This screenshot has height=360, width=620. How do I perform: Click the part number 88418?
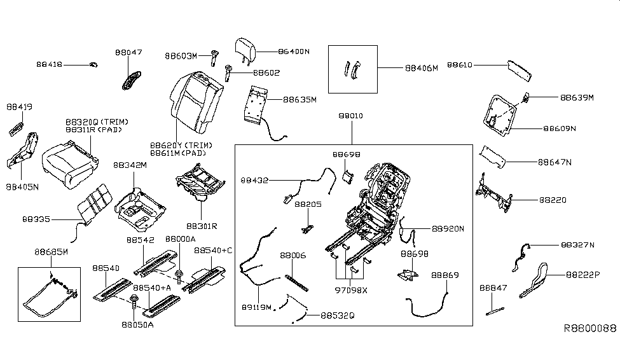tap(50, 64)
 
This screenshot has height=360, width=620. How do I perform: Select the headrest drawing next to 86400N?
tap(245, 50)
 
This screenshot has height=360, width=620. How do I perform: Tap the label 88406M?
tap(422, 68)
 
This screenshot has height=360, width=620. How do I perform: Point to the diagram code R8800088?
tap(590, 328)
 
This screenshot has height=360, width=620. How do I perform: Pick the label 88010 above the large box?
tap(351, 116)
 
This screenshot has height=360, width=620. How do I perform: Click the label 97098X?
tap(351, 290)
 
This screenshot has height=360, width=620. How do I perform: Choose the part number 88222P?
tap(583, 275)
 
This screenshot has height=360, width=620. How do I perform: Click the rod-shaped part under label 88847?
tap(495, 311)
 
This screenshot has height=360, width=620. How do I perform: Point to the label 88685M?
tap(51, 252)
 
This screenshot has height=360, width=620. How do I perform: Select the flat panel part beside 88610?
tap(520, 71)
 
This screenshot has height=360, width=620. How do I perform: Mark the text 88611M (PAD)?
tap(178, 153)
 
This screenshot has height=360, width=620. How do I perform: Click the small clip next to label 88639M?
tap(527, 97)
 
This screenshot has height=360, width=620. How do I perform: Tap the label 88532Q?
tap(338, 315)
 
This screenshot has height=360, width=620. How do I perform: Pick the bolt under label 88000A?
tap(179, 277)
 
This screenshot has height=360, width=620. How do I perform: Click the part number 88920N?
tap(448, 229)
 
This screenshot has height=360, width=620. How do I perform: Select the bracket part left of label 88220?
tap(494, 193)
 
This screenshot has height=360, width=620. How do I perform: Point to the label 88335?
tap(36, 219)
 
